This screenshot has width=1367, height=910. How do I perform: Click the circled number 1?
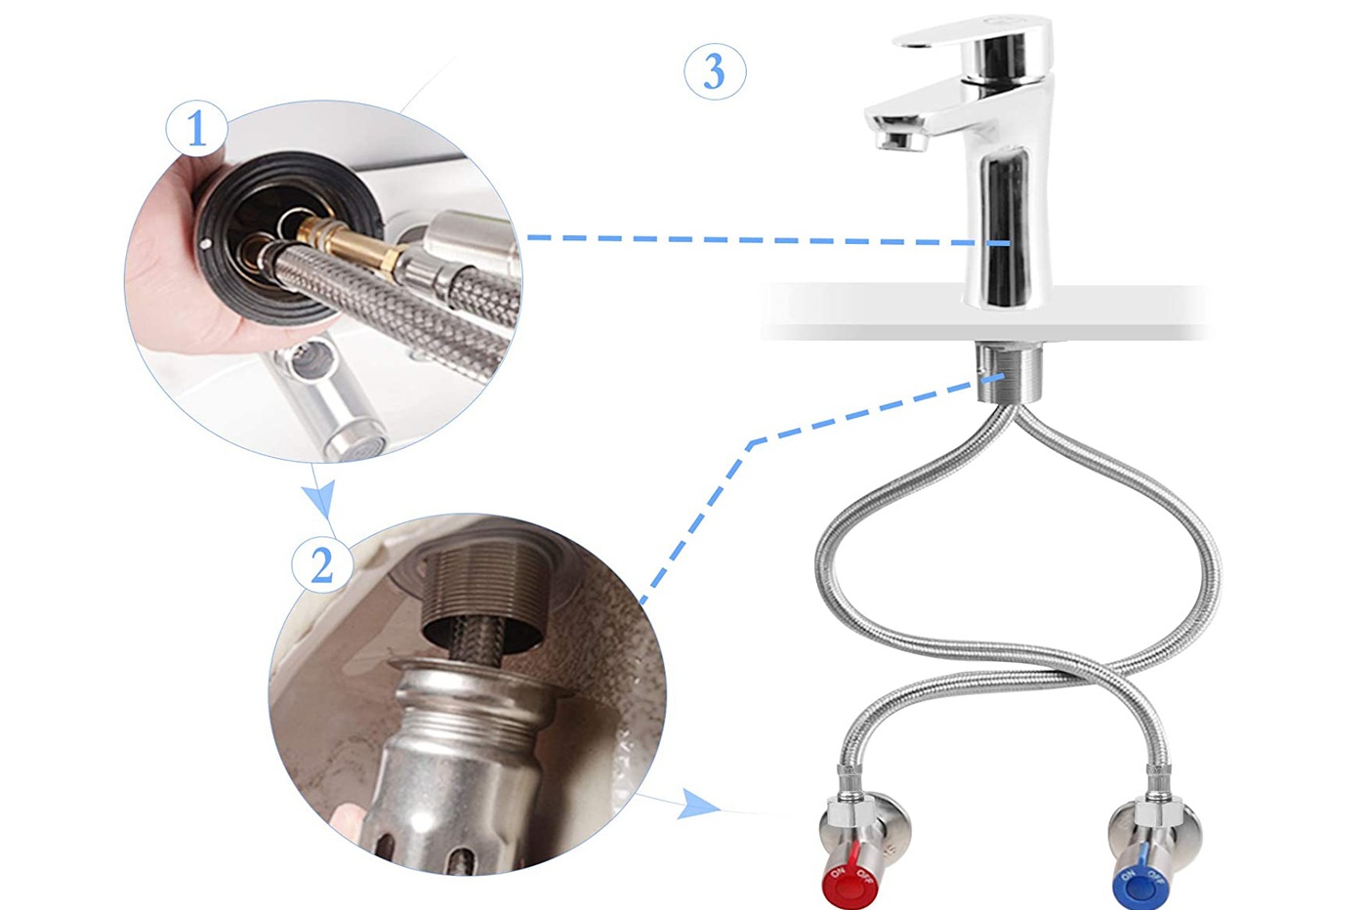(x=196, y=129)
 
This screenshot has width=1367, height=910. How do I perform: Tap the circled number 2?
(x=322, y=565)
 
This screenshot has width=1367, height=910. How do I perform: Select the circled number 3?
(x=715, y=71)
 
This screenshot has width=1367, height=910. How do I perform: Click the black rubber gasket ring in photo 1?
(x=287, y=238)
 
